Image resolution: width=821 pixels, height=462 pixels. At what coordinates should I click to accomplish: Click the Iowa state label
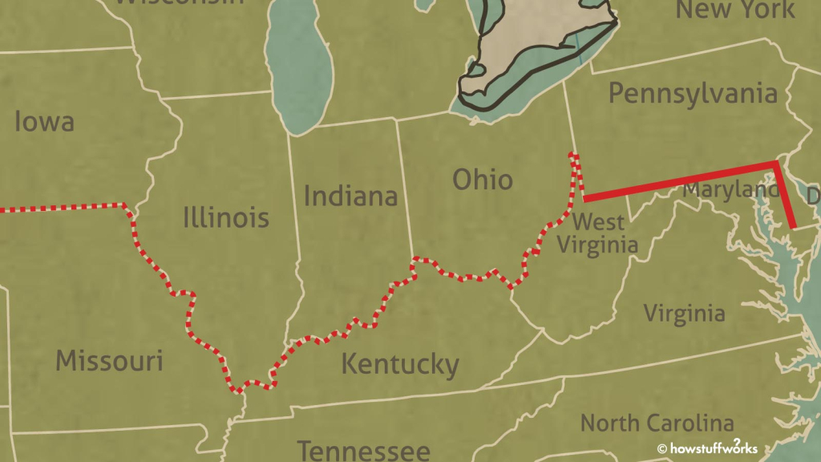[x=44, y=122]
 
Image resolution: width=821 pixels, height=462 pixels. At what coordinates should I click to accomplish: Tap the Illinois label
[x=226, y=217]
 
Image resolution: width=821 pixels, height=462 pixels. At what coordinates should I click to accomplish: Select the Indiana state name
[x=350, y=196]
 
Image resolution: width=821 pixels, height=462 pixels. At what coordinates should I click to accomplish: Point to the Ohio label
[x=482, y=179]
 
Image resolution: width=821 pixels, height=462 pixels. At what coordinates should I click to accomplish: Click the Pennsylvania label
[x=693, y=93]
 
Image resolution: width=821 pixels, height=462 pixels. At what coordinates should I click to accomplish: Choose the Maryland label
[x=730, y=191]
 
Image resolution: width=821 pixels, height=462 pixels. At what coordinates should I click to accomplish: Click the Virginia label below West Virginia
[x=684, y=313]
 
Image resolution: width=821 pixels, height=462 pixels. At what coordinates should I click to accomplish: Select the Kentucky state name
[x=400, y=364]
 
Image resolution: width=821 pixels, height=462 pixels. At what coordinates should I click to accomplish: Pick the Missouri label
[x=109, y=361]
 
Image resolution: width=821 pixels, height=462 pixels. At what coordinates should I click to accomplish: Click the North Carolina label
[x=657, y=423]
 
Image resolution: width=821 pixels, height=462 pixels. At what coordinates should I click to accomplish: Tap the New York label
[x=736, y=10]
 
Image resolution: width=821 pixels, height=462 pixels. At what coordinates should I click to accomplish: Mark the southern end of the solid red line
[x=793, y=226]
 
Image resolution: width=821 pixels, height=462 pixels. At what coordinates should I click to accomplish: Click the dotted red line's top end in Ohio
[x=572, y=154]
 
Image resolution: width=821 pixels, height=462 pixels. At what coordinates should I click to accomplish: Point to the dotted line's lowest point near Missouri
[x=238, y=391]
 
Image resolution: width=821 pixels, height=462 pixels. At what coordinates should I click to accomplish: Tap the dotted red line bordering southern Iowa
[x=64, y=208]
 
